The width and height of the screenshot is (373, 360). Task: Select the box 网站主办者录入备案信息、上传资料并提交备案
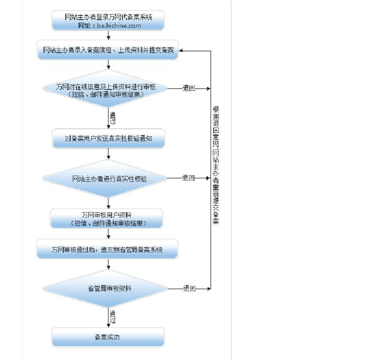tap(108, 50)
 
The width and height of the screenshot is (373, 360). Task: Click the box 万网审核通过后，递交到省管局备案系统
tap(107, 250)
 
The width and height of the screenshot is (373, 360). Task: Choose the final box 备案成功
tap(108, 337)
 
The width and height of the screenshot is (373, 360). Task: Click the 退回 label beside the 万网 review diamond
tap(189, 89)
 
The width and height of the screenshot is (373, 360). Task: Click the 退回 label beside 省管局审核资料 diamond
tap(189, 289)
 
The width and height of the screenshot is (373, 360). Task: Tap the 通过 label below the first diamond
tap(112, 119)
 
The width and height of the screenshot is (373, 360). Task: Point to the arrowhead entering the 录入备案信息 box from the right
tap(182, 51)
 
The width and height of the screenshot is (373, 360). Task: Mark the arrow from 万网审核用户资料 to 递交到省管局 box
tap(109, 234)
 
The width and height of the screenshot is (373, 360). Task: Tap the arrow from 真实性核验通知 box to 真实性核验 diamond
tap(109, 154)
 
